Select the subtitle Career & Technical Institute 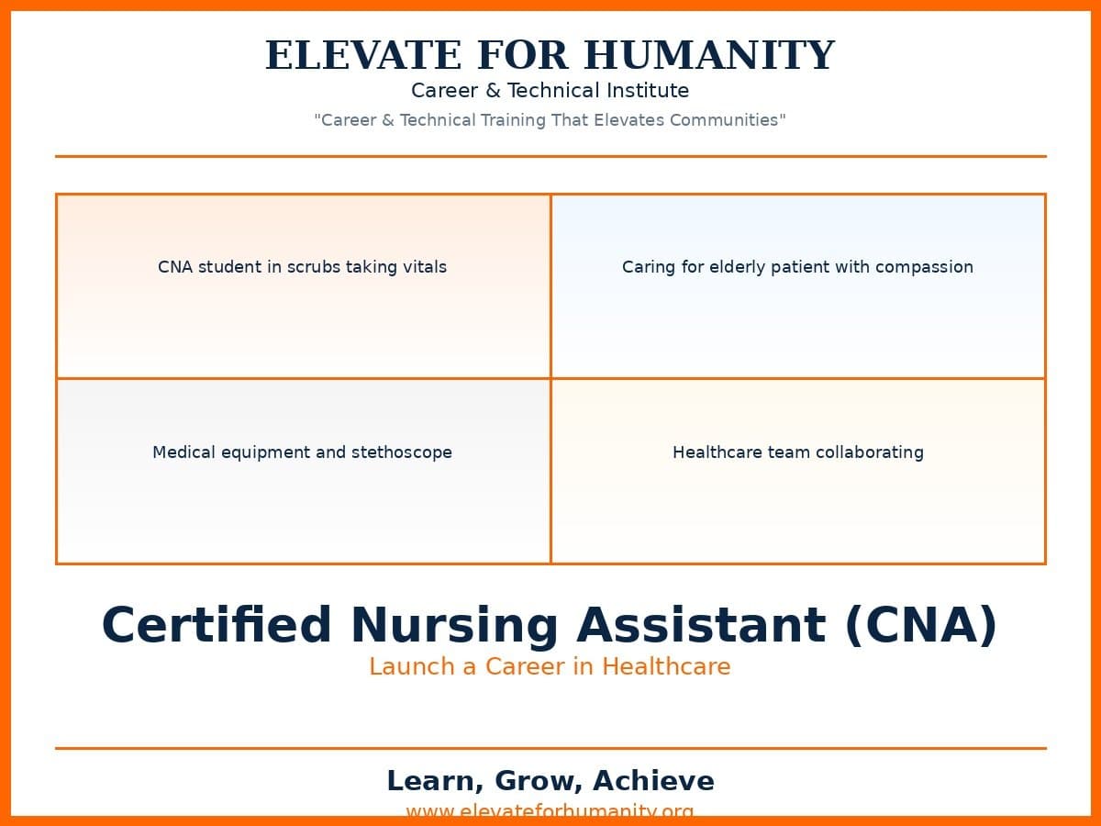(x=550, y=91)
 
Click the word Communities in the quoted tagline (x=727, y=120)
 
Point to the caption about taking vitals (x=302, y=267)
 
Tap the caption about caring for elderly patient (x=797, y=267)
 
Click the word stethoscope (x=402, y=452)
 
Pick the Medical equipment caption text (x=302, y=452)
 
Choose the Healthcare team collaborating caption (x=797, y=452)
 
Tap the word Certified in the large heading (x=217, y=626)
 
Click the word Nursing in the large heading (x=453, y=626)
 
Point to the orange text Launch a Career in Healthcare (x=550, y=667)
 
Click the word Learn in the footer (x=431, y=781)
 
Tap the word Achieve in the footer (x=653, y=781)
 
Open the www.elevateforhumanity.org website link (x=550, y=810)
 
